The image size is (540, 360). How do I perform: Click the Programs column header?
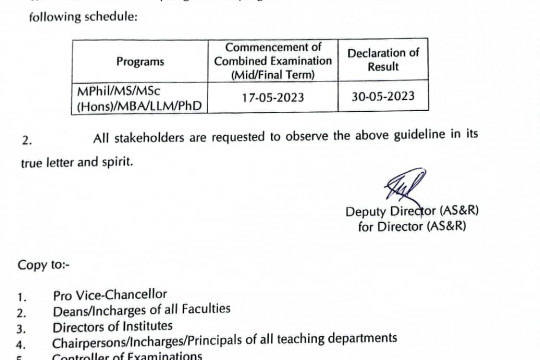click(140, 60)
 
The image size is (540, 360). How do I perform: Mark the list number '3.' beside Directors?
click(23, 326)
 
